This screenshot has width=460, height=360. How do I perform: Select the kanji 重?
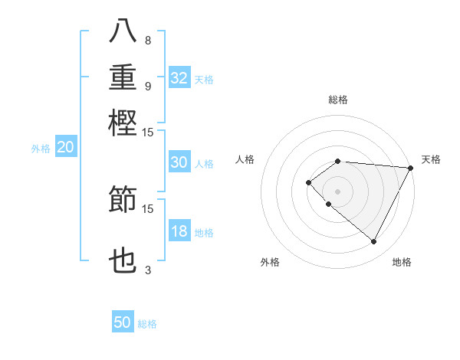[123, 77]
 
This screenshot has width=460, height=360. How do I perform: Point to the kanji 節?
[123, 199]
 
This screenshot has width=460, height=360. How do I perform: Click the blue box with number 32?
[179, 78]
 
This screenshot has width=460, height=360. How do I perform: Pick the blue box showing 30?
[179, 162]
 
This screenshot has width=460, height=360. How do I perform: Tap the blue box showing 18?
[179, 232]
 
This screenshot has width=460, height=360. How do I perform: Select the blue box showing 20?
[66, 149]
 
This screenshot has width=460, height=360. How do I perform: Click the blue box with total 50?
[123, 323]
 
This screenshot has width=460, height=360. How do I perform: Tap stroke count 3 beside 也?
[148, 270]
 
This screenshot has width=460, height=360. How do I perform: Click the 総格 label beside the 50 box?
[148, 324]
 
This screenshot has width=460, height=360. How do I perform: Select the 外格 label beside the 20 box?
[40, 149]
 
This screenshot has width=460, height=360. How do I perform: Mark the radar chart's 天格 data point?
[410, 168]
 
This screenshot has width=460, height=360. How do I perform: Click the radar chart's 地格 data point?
[374, 241]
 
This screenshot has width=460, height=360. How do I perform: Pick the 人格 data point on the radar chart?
[308, 182]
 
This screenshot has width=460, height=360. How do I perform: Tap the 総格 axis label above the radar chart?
[338, 100]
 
